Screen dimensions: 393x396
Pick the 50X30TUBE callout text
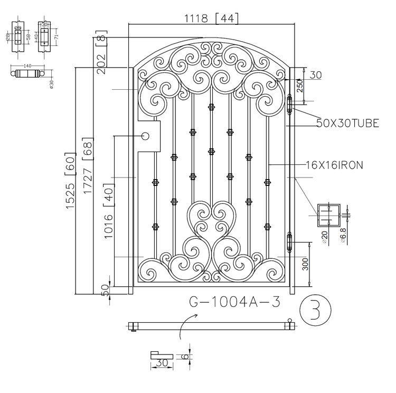347,123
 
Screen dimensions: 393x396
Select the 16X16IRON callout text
334,165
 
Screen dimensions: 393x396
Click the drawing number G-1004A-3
234,302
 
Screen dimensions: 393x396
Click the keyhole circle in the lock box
146,136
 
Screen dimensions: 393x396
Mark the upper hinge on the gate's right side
289,105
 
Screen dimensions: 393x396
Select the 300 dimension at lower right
306,263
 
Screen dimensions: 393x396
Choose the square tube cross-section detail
329,215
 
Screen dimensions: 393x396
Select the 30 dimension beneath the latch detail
161,363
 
